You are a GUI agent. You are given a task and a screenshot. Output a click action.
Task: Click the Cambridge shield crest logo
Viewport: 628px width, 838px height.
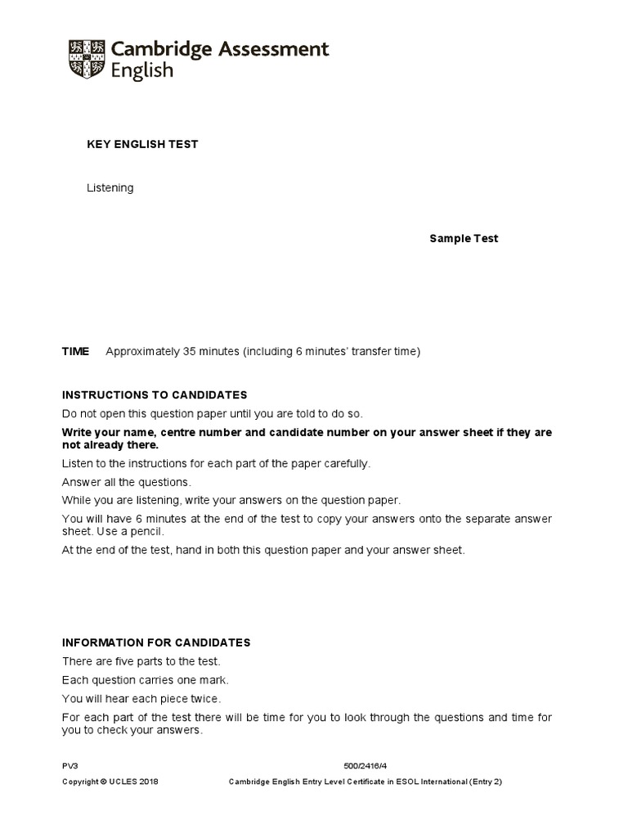[x=84, y=60]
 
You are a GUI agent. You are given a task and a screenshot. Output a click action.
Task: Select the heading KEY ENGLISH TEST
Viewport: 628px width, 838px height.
[x=142, y=145]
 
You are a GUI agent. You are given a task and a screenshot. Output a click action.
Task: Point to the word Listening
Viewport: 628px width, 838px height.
[x=110, y=188]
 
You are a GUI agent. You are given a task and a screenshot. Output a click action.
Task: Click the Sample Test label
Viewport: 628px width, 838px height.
[x=464, y=239]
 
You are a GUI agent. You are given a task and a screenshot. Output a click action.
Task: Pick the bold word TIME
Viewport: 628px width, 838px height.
[x=76, y=352]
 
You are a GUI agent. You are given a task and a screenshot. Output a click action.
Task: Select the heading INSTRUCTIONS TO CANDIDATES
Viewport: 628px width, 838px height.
[x=155, y=394]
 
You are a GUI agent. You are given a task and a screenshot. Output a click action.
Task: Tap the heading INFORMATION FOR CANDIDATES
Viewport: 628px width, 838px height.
[x=156, y=642]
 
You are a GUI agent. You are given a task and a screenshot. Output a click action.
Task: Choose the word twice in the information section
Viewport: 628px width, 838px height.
[x=206, y=699]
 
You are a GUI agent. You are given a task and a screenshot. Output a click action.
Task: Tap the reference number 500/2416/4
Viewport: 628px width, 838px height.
[x=366, y=765]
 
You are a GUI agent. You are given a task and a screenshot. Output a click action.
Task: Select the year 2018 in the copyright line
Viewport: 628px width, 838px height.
[x=149, y=782]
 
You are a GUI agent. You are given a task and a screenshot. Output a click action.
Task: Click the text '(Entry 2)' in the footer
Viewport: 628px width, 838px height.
[x=482, y=782]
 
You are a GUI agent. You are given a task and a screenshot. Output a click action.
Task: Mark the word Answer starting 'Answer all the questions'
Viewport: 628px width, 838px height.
[x=80, y=482]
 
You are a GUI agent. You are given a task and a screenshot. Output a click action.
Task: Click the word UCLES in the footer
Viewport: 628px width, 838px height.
[x=123, y=782]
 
